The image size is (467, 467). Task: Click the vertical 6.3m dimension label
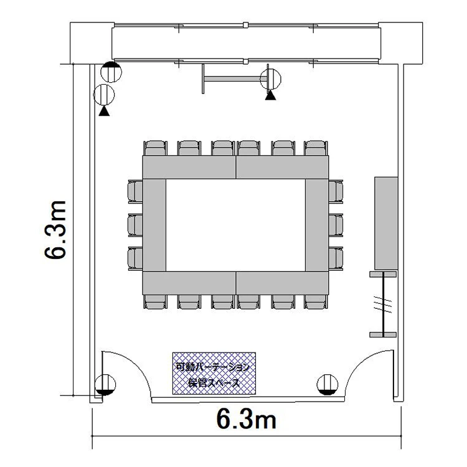coord(55,230)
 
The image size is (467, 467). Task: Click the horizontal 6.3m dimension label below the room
coord(247,419)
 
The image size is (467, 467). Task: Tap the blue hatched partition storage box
coord(214,374)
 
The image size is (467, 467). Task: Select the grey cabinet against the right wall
coord(386,223)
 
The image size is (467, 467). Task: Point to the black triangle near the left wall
coord(104,111)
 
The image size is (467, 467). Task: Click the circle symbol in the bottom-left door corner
coord(105,385)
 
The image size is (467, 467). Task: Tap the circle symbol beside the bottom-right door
coord(328,385)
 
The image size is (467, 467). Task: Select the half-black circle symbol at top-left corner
coord(111,72)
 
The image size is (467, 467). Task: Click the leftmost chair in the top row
coord(155,148)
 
